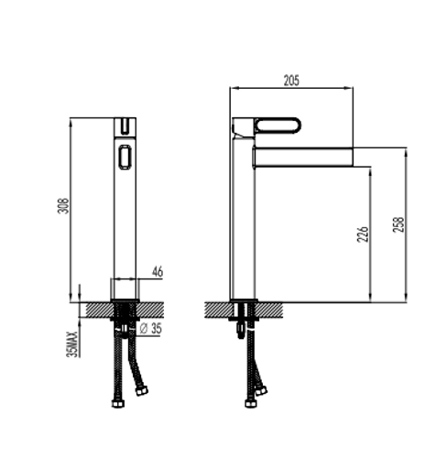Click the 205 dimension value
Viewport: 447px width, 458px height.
(x=291, y=81)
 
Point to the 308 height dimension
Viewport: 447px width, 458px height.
(x=63, y=206)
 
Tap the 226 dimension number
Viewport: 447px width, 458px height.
(x=363, y=234)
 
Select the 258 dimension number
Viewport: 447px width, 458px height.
(x=398, y=224)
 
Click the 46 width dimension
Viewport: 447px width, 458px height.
(x=158, y=272)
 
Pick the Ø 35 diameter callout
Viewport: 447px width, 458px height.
(x=150, y=329)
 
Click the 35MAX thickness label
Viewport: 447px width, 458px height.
(x=71, y=344)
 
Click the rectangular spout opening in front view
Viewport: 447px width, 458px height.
(x=125, y=157)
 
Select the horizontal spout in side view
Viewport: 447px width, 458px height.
(x=303, y=157)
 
